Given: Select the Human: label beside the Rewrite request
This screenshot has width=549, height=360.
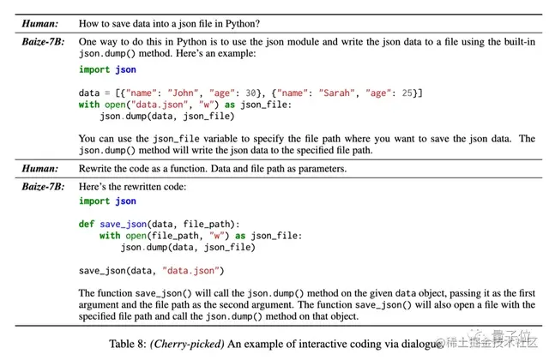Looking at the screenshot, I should (40, 169).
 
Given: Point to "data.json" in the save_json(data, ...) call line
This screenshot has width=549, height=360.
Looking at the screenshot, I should (190, 272).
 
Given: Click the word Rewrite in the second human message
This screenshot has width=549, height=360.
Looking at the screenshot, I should (95, 169).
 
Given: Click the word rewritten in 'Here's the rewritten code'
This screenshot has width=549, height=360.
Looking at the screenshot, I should (142, 186).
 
